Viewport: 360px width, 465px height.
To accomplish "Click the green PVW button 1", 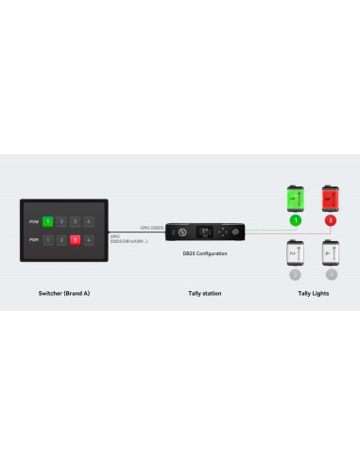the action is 47,221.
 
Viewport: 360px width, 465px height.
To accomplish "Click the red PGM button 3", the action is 75,240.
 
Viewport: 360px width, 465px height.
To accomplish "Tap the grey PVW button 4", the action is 89,221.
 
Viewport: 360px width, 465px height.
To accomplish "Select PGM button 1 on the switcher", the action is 47,240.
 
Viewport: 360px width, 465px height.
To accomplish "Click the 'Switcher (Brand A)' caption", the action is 63,294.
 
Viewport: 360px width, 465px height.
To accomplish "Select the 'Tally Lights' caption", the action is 312,294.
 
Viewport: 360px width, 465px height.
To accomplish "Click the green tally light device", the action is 295,198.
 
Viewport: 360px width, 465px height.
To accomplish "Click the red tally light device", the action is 331,198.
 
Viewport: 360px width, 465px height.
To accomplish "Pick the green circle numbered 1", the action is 295,220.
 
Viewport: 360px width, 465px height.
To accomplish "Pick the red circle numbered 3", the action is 331,220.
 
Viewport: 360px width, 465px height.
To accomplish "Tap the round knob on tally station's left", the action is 180,232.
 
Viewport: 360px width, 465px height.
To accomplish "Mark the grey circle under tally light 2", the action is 295,274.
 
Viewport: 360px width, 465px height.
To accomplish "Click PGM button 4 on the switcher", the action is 89,240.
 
